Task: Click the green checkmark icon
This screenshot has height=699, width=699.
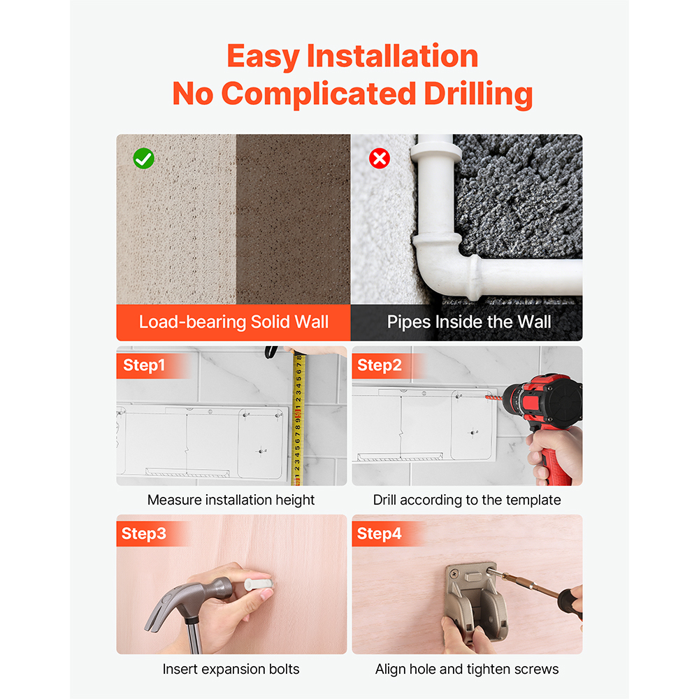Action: tap(143, 159)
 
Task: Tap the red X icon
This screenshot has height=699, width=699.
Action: tap(380, 158)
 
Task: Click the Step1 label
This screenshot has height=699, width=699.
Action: tap(144, 365)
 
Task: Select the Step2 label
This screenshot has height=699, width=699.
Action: tap(380, 365)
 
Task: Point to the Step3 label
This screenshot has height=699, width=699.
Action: tap(143, 533)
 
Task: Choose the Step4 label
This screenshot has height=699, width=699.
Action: tap(380, 533)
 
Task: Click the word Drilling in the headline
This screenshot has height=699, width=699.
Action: tap(478, 94)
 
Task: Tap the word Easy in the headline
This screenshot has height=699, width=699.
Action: tap(263, 57)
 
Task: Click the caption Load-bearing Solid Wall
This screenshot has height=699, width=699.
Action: tap(233, 322)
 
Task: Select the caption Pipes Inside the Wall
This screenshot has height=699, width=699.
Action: tap(469, 322)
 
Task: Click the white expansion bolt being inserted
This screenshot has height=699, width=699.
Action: tap(257, 583)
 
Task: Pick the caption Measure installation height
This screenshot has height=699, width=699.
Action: tap(231, 500)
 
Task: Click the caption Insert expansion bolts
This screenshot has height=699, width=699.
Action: tap(231, 669)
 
